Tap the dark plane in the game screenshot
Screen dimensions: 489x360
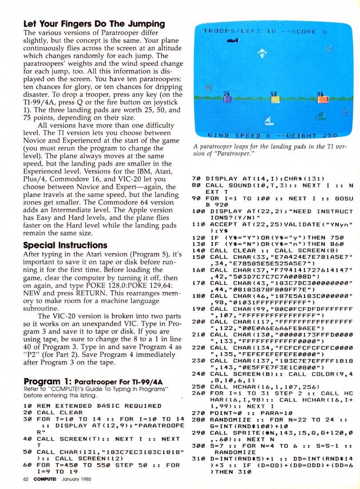tap(233, 41)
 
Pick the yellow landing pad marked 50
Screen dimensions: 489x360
tap(274, 97)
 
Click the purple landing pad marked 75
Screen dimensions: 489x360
tap(228, 97)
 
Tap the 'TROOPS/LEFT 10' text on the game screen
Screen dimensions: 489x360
tap(240, 32)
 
